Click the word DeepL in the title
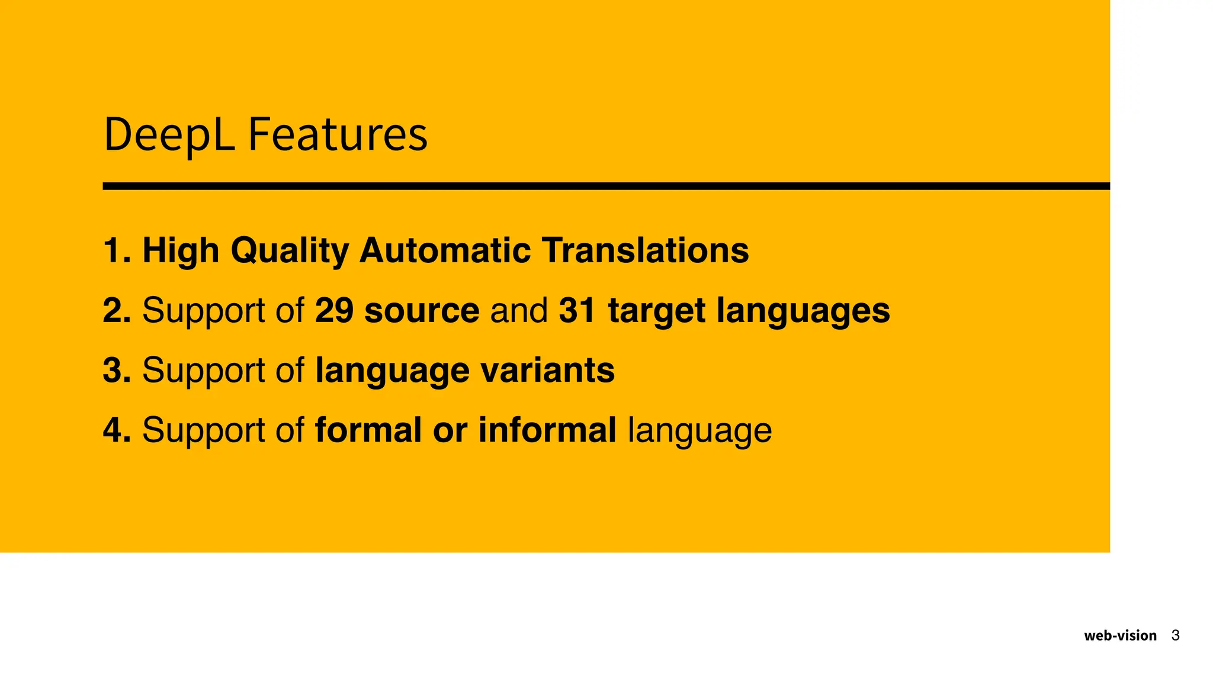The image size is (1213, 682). click(x=169, y=135)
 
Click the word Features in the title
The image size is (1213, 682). click(x=338, y=135)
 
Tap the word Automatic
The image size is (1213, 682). click(x=445, y=250)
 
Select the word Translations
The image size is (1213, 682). click(x=645, y=250)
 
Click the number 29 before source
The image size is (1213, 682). click(x=334, y=310)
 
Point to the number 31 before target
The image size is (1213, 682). click(x=577, y=310)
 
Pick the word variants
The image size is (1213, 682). click(x=547, y=371)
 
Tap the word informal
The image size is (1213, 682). click(x=547, y=430)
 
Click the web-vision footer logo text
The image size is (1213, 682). click(x=1120, y=636)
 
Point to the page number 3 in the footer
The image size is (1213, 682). click(x=1176, y=636)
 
